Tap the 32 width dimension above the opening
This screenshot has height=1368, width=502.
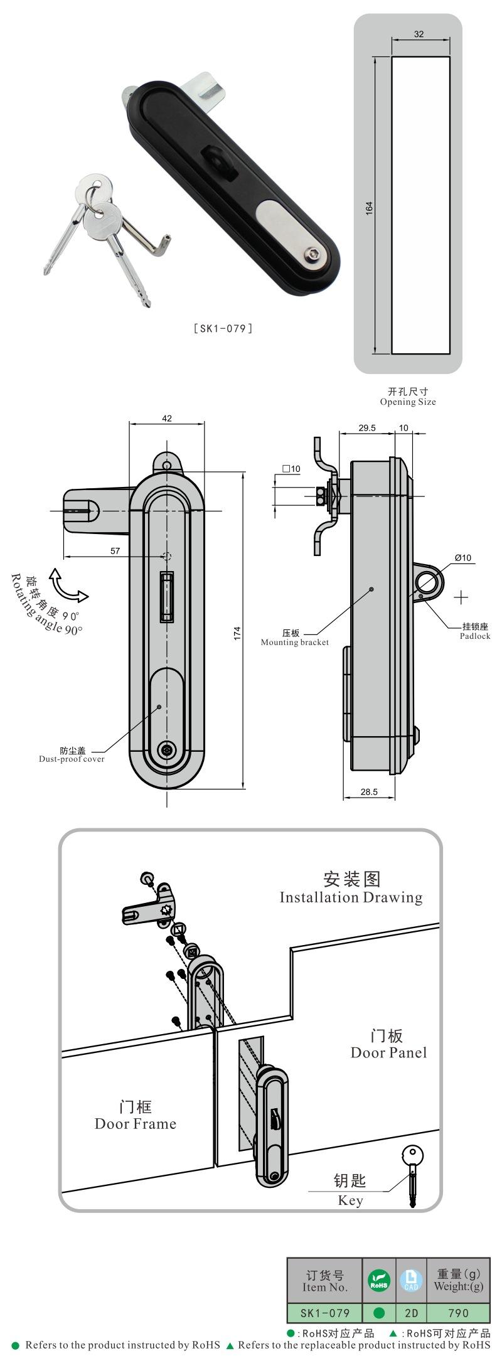point(419,34)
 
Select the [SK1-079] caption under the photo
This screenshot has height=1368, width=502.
point(223,328)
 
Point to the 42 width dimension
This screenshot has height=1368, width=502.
point(166,419)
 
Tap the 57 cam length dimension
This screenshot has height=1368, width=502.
point(115,551)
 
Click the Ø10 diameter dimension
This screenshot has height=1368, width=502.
point(462,558)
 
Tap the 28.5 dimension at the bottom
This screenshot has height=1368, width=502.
point(369,792)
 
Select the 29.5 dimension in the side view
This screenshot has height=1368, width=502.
point(367,428)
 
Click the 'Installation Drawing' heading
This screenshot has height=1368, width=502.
point(351,897)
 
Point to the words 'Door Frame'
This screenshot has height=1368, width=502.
point(136,1123)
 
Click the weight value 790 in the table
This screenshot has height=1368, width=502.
point(459,1312)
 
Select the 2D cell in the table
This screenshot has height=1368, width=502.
point(411,1312)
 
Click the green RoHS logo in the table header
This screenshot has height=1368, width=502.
point(379,1280)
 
